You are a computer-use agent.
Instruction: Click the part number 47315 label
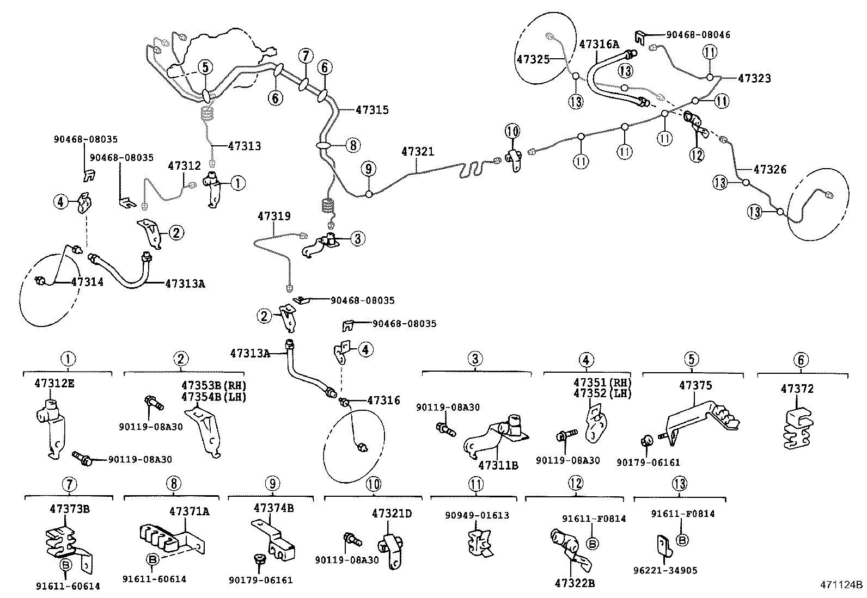tap(372, 110)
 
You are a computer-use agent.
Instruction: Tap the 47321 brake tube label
tap(418, 152)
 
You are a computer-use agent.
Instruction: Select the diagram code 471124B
tap(842, 586)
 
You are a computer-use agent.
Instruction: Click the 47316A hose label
tap(599, 44)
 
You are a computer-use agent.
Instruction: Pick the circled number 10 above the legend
tap(373, 484)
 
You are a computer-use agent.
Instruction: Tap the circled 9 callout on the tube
tap(369, 169)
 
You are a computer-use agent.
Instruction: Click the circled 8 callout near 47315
tap(353, 145)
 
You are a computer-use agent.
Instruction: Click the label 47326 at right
tap(770, 170)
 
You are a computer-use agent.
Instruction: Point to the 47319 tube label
tap(274, 216)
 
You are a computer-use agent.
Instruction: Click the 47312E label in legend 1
tap(53, 383)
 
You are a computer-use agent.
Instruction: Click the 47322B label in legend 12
tap(575, 583)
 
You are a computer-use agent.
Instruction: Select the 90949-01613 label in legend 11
tap(477, 515)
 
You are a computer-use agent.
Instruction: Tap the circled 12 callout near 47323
tap(697, 155)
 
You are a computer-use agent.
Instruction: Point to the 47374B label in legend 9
tap(273, 508)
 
